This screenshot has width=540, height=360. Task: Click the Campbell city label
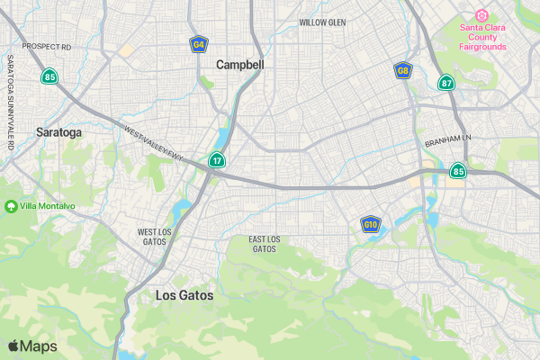(x=240, y=65)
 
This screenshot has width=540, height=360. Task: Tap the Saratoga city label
(x=58, y=132)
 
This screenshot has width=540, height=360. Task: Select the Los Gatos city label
(x=184, y=294)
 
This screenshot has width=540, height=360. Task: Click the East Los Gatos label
(x=265, y=243)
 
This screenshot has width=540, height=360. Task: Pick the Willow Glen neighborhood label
(x=322, y=22)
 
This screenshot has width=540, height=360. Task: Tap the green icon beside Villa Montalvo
(x=12, y=206)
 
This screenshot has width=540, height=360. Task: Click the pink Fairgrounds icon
(x=481, y=14)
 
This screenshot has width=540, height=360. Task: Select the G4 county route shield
(x=199, y=43)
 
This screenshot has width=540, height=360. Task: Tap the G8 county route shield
(x=403, y=70)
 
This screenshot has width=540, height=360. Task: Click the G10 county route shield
(x=370, y=223)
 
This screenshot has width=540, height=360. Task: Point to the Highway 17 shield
(x=217, y=160)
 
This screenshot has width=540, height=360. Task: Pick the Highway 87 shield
(x=446, y=83)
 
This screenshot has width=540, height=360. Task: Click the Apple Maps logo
(x=32, y=346)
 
